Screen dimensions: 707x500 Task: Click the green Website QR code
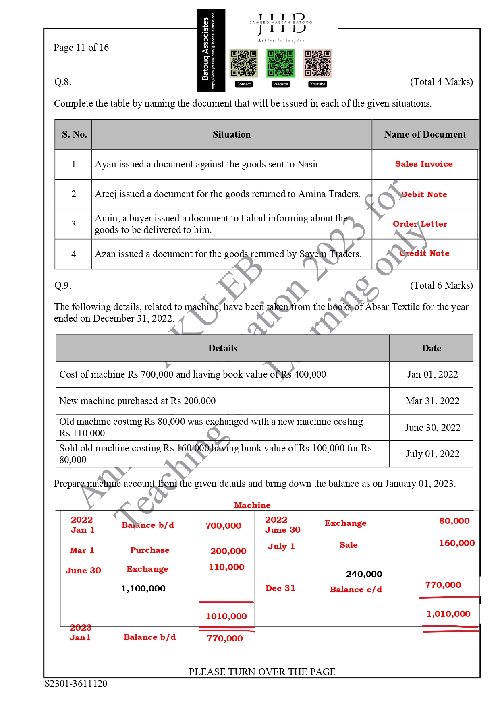tap(280, 63)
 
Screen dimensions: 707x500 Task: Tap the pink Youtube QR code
tap(317, 63)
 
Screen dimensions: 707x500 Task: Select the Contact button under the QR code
tap(243, 84)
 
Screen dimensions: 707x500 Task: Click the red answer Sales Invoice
tap(424, 164)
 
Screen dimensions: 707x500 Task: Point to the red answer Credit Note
tap(424, 253)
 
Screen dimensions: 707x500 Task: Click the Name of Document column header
tap(425, 134)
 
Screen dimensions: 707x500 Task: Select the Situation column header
tap(231, 134)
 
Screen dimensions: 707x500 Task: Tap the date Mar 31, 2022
tap(432, 401)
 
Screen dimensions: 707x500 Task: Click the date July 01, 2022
tap(432, 454)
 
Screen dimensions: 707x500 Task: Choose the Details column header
tap(222, 348)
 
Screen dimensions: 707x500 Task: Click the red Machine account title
tap(252, 505)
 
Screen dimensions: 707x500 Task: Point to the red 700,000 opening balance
tap(223, 525)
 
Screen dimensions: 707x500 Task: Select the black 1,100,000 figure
tap(143, 589)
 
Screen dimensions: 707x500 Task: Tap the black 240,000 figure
tap(364, 574)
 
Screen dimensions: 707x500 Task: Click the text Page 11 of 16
tap(81, 48)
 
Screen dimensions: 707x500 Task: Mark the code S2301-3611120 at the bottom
tap(76, 683)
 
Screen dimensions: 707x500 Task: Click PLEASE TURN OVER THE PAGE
tap(262, 672)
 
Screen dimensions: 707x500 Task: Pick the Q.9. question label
tap(62, 285)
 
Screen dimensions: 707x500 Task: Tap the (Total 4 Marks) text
tap(441, 82)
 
